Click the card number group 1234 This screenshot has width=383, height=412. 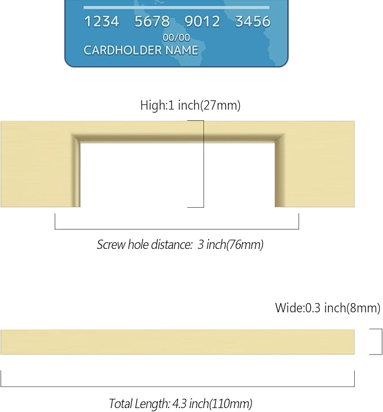tap(102, 21)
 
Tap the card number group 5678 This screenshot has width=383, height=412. tap(152, 21)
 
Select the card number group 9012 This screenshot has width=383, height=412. tap(202, 21)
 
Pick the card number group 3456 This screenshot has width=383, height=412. tap(253, 21)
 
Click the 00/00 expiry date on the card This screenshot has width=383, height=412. tap(176, 38)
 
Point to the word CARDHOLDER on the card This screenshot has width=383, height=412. tap(122, 50)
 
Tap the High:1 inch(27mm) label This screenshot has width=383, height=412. tap(190, 105)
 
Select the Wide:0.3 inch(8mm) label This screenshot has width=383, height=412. tap(328, 308)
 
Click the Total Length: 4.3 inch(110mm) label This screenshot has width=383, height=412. tap(181, 404)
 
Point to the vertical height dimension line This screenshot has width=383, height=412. tap(204, 164)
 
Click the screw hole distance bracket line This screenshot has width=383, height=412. tap(177, 229)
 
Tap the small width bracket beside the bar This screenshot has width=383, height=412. tap(382, 341)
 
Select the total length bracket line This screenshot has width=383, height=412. tap(178, 387)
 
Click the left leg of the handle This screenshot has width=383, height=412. tap(40, 171)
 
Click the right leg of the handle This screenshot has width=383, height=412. tap(315, 171)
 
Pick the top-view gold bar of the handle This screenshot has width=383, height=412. tap(178, 342)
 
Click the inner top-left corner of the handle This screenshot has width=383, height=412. tap(80, 143)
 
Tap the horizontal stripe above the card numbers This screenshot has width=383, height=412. tap(176, 8)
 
